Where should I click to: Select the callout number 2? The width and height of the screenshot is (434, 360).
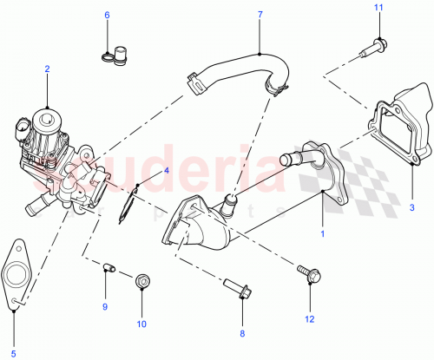pos(47,69)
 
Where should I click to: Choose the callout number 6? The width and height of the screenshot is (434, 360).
pos(108,15)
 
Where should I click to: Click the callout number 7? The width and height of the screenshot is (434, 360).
pos(260,15)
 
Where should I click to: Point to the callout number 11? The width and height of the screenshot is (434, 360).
pos(378,8)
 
